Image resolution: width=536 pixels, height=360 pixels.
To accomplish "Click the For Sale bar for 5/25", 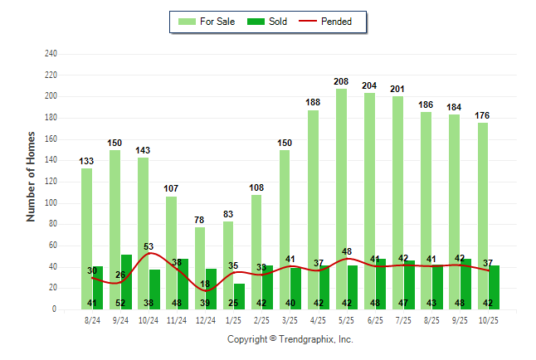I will (341, 199).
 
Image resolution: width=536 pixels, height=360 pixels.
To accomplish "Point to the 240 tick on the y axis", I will (51, 54).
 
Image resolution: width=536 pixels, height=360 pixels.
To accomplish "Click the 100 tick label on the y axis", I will (51, 203).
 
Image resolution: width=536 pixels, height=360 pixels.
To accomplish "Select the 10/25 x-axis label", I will (488, 319).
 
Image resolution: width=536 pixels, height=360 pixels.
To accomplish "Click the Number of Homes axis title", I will (31, 176).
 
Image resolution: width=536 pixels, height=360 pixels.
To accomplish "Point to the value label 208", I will (341, 81).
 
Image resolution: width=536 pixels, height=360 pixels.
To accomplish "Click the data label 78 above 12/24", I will (199, 220).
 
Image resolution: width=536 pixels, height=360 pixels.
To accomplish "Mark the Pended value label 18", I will (205, 284).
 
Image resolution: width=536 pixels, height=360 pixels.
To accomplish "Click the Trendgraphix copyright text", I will (290, 339).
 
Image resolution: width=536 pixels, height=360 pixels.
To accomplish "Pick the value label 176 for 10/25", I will (483, 115).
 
